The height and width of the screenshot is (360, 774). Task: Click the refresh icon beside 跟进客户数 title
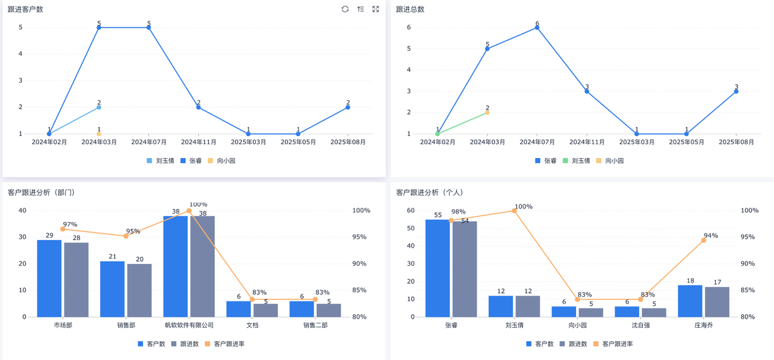coord(345,9)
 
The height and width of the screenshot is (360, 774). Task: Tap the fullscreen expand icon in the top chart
coord(376,9)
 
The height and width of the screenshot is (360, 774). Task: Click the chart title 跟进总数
coord(410,9)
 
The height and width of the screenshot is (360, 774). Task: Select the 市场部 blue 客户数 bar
coord(49,278)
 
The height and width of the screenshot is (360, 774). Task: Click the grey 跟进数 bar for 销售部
coord(139,290)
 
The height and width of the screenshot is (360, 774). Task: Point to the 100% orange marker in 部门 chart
coord(189,211)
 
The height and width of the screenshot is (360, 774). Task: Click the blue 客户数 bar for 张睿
coord(437,268)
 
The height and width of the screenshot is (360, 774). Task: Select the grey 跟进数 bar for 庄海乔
coord(717,301)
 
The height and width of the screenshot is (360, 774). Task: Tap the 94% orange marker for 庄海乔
coord(704,240)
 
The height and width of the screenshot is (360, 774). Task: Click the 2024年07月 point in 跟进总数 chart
coord(537,27)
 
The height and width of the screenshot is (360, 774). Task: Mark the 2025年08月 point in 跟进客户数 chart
coord(348,107)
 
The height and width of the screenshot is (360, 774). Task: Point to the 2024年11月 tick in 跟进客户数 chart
coord(199,142)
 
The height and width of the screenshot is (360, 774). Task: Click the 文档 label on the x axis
coord(252,325)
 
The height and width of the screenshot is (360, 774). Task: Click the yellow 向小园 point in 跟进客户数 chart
coord(99,134)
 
